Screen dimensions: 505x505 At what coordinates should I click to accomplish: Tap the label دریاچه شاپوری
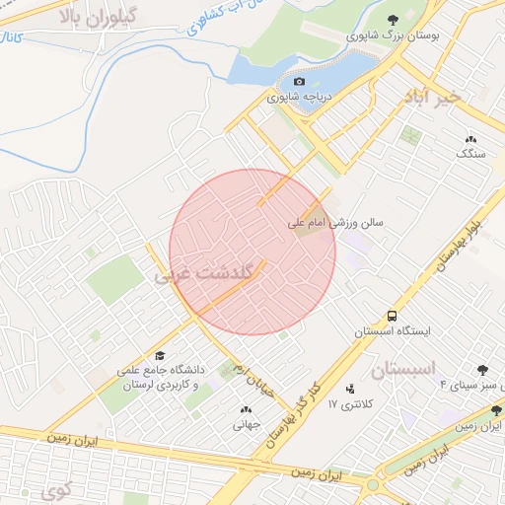pyautogui.click(x=301, y=98)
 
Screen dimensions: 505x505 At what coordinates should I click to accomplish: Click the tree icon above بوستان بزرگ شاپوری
pyautogui.click(x=393, y=20)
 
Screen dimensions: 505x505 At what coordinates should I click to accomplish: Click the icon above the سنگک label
pyautogui.click(x=469, y=139)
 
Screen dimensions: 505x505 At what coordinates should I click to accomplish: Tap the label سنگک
pyautogui.click(x=469, y=154)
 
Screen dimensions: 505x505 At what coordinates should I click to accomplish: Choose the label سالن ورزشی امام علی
pyautogui.click(x=335, y=224)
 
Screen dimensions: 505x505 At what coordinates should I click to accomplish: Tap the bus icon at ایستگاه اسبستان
pyautogui.click(x=393, y=317)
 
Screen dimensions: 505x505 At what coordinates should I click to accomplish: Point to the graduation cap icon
pyautogui.click(x=160, y=355)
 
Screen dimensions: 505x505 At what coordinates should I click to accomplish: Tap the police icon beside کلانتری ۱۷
pyautogui.click(x=350, y=389)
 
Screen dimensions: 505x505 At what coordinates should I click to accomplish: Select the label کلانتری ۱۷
pyautogui.click(x=346, y=404)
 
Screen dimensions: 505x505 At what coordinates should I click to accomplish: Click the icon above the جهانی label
pyautogui.click(x=245, y=409)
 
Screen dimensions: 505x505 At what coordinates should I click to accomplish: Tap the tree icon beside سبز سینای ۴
pyautogui.click(x=483, y=370)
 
